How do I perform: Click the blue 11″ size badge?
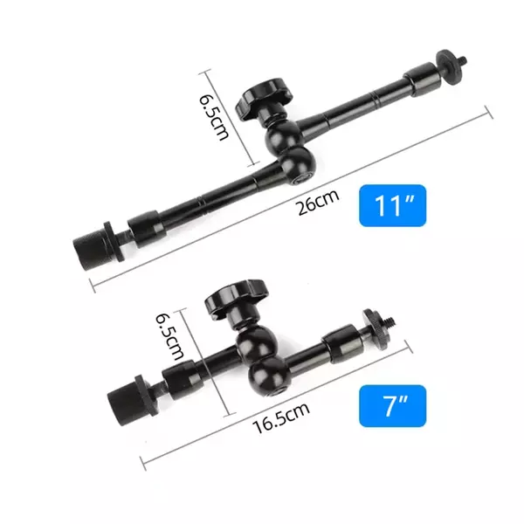(x=393, y=206)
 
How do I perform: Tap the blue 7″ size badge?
(x=392, y=406)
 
